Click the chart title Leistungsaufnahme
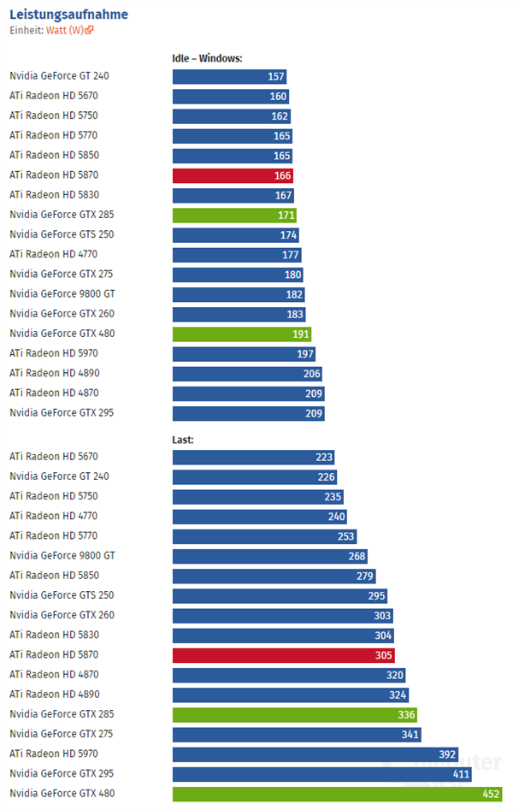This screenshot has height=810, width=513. pos(69,15)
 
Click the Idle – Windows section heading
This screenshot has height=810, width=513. pos(208,58)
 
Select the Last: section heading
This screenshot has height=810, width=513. pos(183,440)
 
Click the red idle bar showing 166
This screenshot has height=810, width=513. pos(233,175)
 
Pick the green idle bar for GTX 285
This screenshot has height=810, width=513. pos(234,215)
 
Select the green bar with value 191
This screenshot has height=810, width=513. pos(242,334)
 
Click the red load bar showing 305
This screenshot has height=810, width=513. pos(283,655)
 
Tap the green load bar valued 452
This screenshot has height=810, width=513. pos(337,794)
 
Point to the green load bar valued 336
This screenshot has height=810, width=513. pos(294,714)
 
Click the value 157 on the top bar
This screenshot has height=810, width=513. pos(275,76)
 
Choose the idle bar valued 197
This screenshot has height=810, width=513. pos(244,353)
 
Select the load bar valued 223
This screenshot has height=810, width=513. pos(253,458)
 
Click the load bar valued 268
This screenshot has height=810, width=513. pos(269,556)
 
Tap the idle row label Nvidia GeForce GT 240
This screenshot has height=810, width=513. pos(59,76)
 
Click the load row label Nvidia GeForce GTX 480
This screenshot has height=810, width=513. pos(62,793)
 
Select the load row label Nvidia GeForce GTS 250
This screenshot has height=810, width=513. pos(62,595)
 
